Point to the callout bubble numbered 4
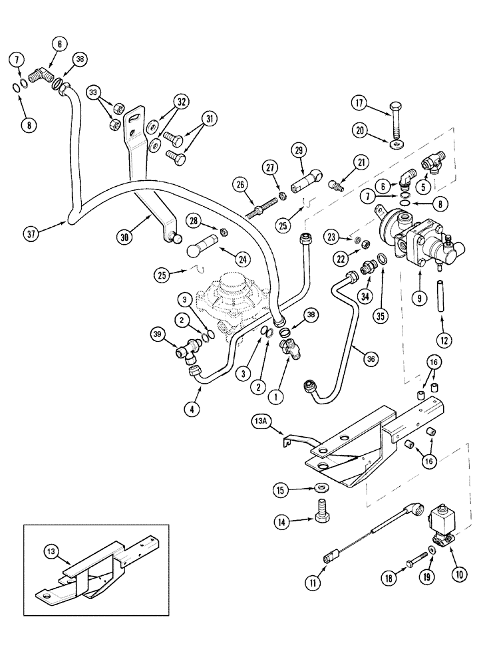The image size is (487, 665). [x=192, y=410]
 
